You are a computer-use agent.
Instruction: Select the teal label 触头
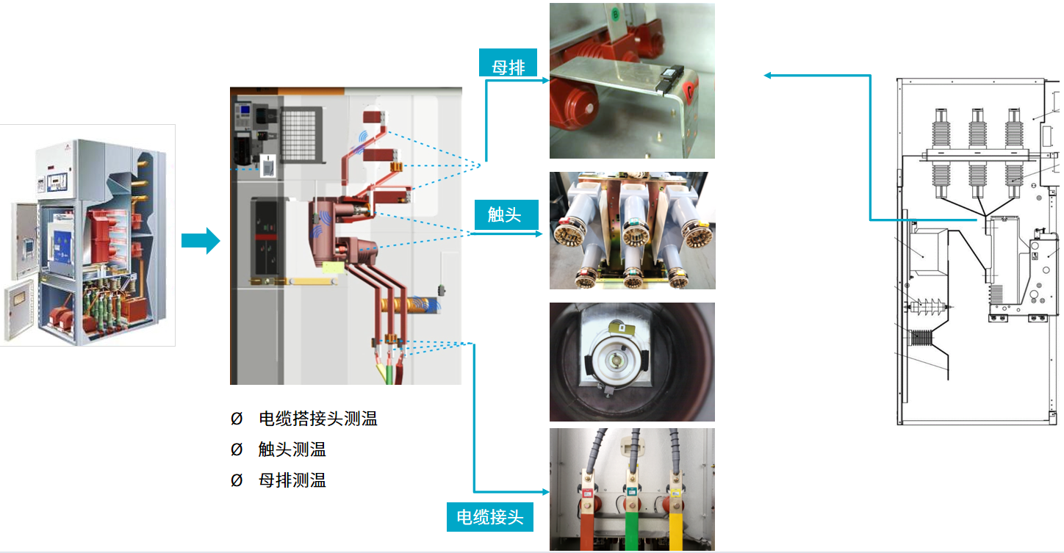click(x=506, y=214)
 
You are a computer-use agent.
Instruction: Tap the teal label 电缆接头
click(x=489, y=517)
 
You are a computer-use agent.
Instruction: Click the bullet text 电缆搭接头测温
click(x=317, y=419)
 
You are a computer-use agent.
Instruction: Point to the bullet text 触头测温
click(x=292, y=449)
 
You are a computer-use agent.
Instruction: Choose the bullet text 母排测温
click(x=292, y=480)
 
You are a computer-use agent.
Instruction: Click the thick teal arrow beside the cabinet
click(x=201, y=241)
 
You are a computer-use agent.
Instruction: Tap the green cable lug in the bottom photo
click(x=632, y=518)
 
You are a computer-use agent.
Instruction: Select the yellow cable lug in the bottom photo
click(x=675, y=518)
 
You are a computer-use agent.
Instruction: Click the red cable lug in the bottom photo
click(x=587, y=518)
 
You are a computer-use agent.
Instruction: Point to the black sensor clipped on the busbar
click(x=669, y=79)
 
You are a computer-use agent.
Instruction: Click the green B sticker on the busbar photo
click(x=616, y=14)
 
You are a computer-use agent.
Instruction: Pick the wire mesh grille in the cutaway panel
click(x=301, y=135)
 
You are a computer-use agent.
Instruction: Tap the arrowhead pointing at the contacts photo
click(x=539, y=234)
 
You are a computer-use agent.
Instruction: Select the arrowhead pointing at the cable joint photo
click(x=545, y=492)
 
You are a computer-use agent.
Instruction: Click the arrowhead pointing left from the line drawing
click(x=768, y=76)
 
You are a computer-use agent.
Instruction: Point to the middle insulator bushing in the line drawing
click(x=977, y=153)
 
